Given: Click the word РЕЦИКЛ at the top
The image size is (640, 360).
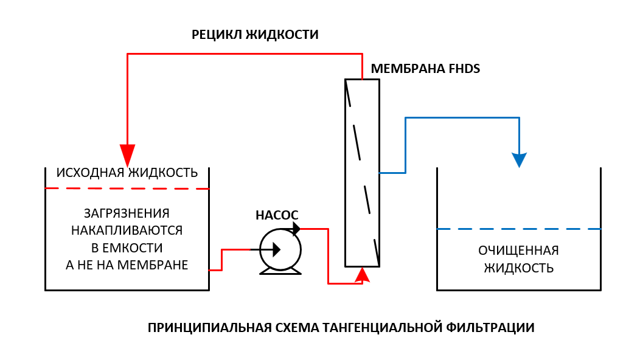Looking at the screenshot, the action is (x=217, y=35).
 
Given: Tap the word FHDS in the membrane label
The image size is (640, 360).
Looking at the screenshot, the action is (x=464, y=69).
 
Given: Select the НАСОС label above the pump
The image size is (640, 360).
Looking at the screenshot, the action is (x=277, y=215).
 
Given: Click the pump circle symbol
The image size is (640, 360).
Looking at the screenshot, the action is (x=280, y=249).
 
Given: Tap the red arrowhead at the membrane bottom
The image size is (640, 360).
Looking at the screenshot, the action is (x=362, y=275).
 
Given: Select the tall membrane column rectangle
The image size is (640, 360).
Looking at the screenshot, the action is (x=362, y=173).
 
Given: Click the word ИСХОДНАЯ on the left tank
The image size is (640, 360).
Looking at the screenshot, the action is (x=90, y=173).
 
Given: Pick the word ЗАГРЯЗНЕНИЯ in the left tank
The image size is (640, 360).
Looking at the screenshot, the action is (x=127, y=213).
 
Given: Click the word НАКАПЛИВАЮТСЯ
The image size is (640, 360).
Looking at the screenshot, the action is (x=127, y=230).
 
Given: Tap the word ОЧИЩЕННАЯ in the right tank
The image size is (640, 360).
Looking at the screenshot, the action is (x=518, y=251).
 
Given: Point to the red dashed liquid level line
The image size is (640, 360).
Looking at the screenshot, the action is (x=127, y=189).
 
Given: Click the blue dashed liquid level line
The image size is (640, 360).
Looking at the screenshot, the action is (x=519, y=229).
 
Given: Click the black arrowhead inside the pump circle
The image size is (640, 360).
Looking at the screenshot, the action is (x=276, y=249).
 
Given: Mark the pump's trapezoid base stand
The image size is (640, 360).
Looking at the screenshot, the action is (x=280, y=271).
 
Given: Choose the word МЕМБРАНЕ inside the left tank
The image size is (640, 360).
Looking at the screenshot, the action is (x=153, y=265).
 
